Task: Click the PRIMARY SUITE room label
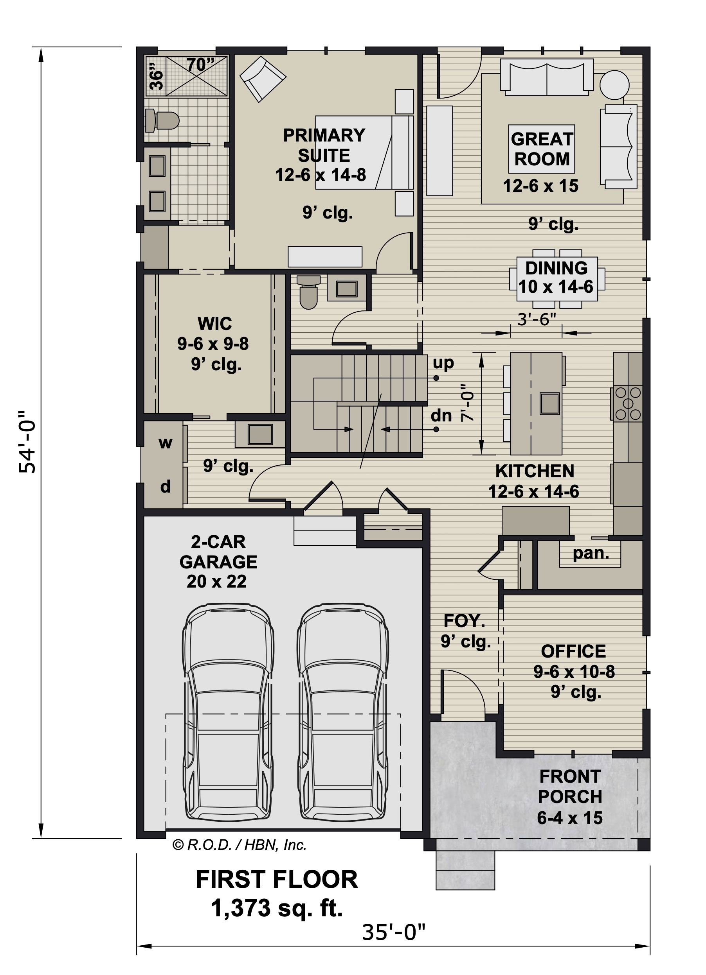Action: coord(324,145)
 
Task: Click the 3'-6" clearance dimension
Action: coord(537,319)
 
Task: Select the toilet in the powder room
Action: coord(308,292)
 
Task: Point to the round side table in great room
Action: coord(615,85)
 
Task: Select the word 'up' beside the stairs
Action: coord(443,364)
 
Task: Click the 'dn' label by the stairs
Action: coord(441,416)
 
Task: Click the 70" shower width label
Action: coord(200,65)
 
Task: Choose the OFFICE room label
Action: coord(573,651)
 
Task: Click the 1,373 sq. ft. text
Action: coord(277,909)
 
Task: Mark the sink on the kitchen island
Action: coord(550,404)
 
